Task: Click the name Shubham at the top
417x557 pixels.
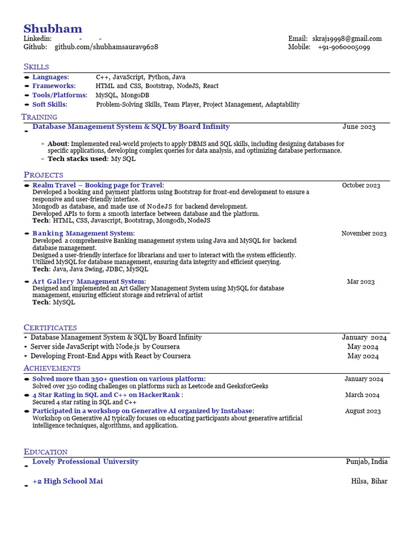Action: pyautogui.click(x=53, y=29)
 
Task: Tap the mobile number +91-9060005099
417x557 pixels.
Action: pyautogui.click(x=344, y=47)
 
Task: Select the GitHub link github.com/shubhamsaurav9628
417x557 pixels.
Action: pyautogui.click(x=106, y=47)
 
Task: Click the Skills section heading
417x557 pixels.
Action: pyautogui.click(x=36, y=66)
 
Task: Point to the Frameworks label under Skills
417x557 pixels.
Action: pyautogui.click(x=54, y=86)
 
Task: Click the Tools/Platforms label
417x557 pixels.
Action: pyautogui.click(x=59, y=95)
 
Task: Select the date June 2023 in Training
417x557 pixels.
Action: pyautogui.click(x=359, y=127)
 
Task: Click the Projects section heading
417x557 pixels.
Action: pyautogui.click(x=43, y=175)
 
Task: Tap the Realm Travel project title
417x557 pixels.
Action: pyautogui.click(x=98, y=185)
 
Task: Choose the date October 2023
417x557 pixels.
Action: pyautogui.click(x=361, y=185)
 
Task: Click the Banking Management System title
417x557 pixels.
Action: pyautogui.click(x=83, y=233)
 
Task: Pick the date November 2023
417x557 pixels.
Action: pyautogui.click(x=364, y=233)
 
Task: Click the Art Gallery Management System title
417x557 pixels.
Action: pyautogui.click(x=89, y=281)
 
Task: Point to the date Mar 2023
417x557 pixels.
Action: pyautogui.click(x=361, y=282)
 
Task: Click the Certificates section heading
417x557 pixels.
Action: pyautogui.click(x=50, y=327)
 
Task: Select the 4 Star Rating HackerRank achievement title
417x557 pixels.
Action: pyautogui.click(x=107, y=395)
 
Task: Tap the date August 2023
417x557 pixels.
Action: pyautogui.click(x=363, y=411)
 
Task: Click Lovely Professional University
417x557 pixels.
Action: pyautogui.click(x=85, y=462)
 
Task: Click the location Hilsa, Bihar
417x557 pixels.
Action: pyautogui.click(x=369, y=481)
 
